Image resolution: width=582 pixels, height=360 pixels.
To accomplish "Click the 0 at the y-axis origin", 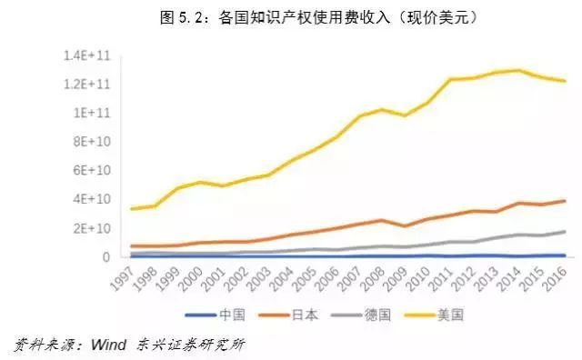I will (x=105, y=256).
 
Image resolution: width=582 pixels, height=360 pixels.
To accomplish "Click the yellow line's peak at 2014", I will (x=518, y=70).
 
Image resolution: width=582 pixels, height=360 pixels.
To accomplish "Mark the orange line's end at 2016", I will (x=564, y=201).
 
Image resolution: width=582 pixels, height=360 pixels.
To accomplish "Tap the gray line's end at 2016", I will (x=564, y=231).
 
